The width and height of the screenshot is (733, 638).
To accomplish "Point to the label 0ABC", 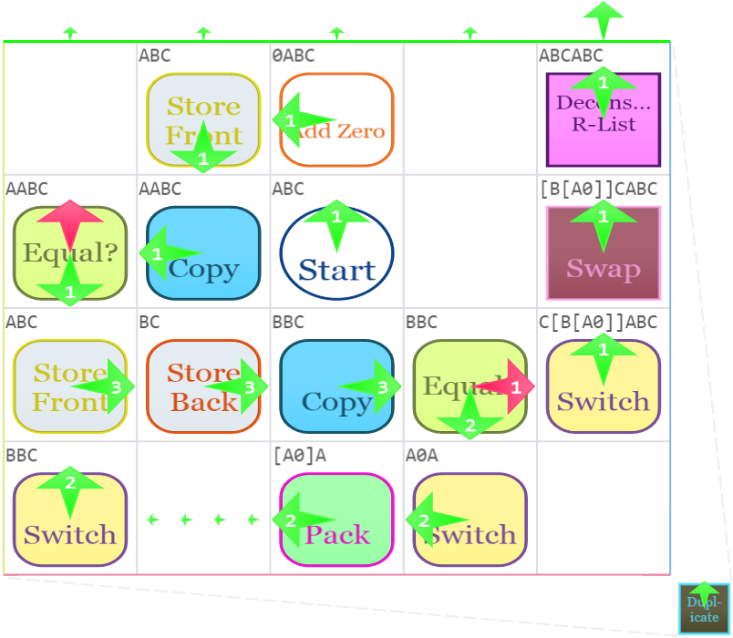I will pyautogui.click(x=293, y=56).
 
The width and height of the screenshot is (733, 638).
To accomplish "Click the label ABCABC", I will pyautogui.click(x=571, y=56).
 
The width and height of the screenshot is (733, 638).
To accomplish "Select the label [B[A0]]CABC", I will pyautogui.click(x=597, y=190).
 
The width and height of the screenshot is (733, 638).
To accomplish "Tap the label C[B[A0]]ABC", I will pyautogui.click(x=597, y=323).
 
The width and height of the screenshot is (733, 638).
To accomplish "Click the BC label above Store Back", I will pyautogui.click(x=150, y=323).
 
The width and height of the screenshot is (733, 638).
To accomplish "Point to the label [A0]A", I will pyautogui.click(x=299, y=456).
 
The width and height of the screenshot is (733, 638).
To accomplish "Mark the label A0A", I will pyautogui.click(x=421, y=456).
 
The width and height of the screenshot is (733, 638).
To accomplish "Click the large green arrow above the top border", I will pyautogui.click(x=604, y=18).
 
